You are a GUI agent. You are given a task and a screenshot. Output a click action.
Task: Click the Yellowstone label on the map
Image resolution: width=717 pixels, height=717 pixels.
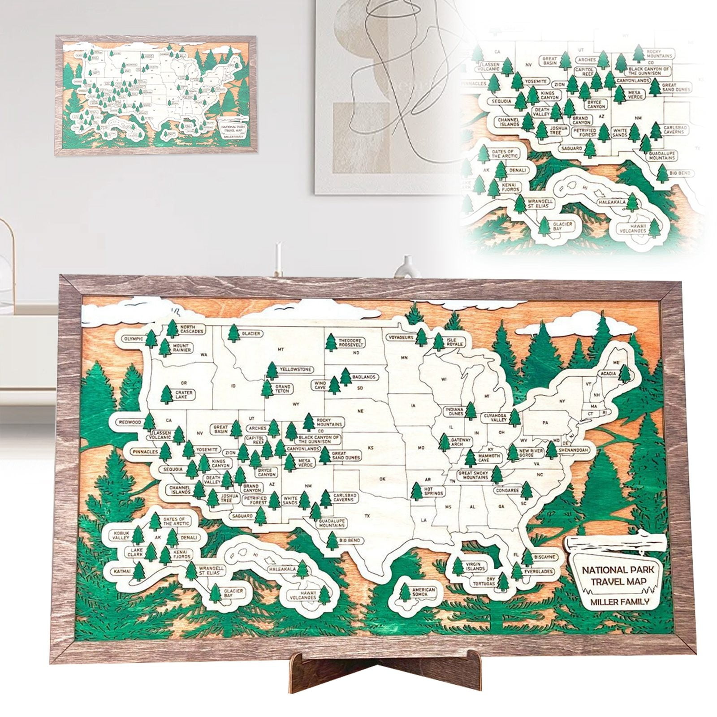click(295, 369)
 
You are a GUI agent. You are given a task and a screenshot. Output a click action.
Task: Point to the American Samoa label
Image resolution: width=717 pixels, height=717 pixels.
click(423, 592)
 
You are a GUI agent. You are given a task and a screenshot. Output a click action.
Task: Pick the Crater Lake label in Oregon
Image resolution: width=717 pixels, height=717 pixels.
click(183, 395)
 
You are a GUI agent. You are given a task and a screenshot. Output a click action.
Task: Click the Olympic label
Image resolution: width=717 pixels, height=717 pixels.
click(133, 339)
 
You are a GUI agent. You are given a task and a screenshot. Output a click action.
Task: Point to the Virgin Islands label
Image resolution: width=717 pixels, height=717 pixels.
click(475, 566)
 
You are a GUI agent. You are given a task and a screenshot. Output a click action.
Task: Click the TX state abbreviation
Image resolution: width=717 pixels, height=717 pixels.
click(367, 516)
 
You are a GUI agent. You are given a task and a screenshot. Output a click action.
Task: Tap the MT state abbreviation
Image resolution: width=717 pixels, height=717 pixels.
click(281, 349)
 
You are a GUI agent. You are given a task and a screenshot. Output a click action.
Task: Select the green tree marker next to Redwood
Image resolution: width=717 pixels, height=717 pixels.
click(149, 422)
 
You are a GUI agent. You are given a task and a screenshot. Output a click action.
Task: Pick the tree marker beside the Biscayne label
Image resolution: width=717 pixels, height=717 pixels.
click(527, 558)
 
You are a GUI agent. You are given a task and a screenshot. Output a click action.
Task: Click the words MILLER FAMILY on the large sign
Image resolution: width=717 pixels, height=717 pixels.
click(619, 601)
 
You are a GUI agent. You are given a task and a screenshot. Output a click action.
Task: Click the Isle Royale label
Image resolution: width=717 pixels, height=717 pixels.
click(451, 343)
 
